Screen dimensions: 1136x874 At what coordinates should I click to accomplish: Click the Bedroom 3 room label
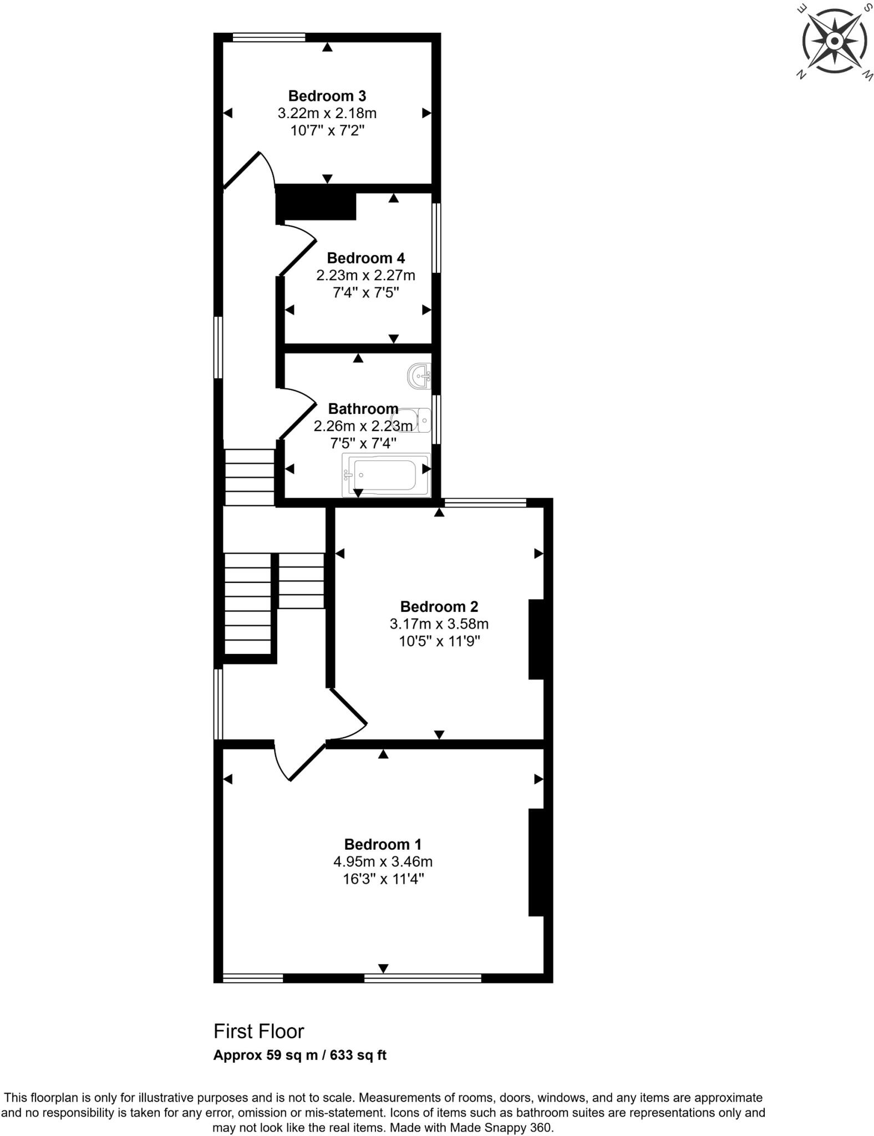click(x=327, y=96)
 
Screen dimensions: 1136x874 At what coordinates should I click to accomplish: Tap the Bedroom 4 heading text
click(x=365, y=258)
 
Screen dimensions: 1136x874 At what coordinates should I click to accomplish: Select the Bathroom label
click(x=363, y=409)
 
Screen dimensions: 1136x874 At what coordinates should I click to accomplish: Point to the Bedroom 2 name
click(x=439, y=606)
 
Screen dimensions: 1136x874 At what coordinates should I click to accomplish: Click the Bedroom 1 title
click(x=383, y=844)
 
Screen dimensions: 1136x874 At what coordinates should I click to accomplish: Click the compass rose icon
click(x=834, y=42)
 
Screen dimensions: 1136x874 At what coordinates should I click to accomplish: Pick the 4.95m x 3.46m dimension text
click(x=383, y=861)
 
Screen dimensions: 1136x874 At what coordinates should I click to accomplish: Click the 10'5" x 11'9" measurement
click(x=439, y=641)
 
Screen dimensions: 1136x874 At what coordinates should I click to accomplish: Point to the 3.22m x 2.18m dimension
click(x=327, y=113)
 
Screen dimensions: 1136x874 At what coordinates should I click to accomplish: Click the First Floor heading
click(x=259, y=1031)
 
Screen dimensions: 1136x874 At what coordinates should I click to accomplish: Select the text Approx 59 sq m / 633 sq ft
click(x=299, y=1055)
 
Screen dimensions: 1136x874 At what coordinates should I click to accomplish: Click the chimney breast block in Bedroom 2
click(x=536, y=639)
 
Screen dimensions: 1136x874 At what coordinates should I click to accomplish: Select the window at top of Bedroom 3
click(x=269, y=37)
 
